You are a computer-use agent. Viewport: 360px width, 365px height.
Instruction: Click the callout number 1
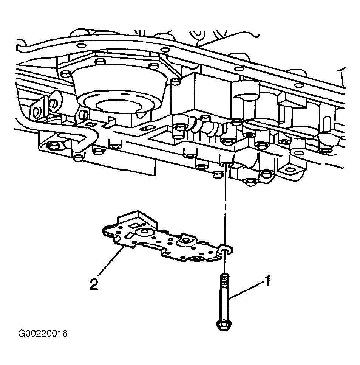click(x=268, y=281)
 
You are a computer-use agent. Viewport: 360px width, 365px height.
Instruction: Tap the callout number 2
click(x=94, y=284)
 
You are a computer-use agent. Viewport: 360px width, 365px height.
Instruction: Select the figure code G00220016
click(x=43, y=334)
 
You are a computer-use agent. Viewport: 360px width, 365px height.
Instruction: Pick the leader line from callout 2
click(x=110, y=262)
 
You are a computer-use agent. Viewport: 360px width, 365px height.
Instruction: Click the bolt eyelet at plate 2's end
click(x=226, y=250)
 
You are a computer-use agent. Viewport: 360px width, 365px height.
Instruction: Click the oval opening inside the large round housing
click(x=119, y=106)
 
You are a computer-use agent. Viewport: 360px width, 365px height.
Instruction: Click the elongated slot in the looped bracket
click(x=70, y=138)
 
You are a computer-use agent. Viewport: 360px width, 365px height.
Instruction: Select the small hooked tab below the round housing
click(x=109, y=123)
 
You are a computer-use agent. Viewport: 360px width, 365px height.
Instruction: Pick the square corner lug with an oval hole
click(x=290, y=170)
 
